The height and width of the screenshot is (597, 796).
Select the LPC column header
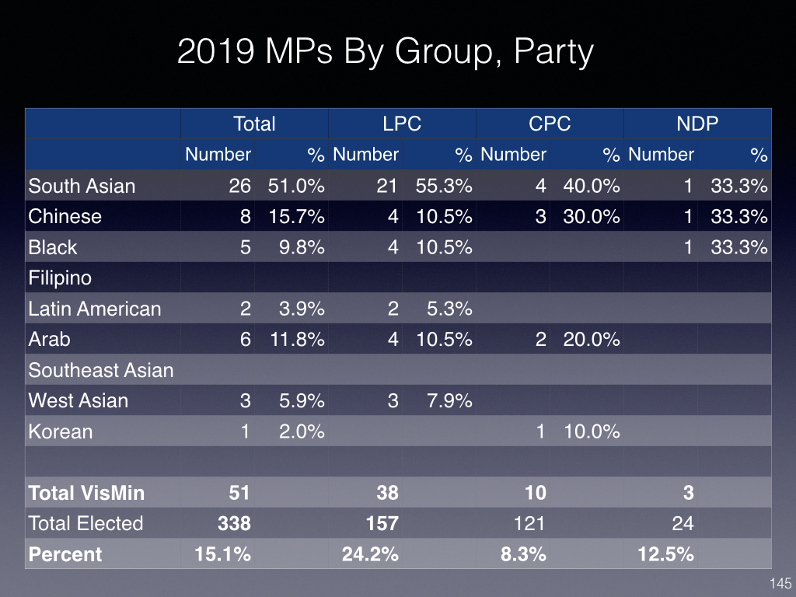(x=402, y=124)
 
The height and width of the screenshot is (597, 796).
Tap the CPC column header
(x=550, y=124)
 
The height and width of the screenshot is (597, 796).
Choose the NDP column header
(x=697, y=124)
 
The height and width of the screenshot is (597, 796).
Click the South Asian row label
(x=82, y=186)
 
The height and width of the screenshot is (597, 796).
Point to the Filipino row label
(x=60, y=278)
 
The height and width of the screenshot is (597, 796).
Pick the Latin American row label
(x=95, y=309)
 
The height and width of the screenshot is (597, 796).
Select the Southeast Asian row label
(x=101, y=370)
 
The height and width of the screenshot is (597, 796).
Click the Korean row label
(x=61, y=431)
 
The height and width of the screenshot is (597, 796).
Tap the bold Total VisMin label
(x=86, y=493)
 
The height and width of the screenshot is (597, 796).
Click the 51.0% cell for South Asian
(x=296, y=186)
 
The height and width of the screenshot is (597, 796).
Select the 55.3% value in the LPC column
(x=444, y=186)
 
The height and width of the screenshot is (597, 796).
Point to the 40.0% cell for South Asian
(x=592, y=186)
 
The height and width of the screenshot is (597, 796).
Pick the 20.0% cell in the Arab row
(x=592, y=339)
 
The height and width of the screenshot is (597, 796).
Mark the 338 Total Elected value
(x=234, y=523)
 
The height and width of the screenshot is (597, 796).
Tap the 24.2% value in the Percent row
(x=370, y=554)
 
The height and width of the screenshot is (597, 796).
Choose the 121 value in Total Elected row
(x=529, y=523)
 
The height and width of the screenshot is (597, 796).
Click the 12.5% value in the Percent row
(x=665, y=554)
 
